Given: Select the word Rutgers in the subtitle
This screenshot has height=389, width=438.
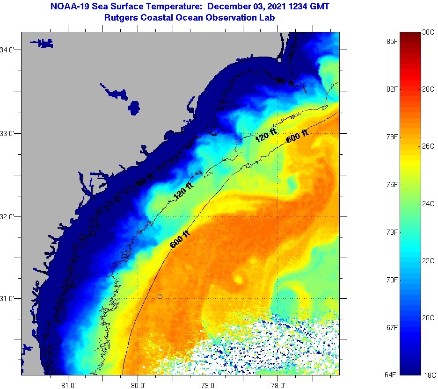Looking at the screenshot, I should click(123, 17).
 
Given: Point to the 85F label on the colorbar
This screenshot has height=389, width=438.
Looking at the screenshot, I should click(392, 41).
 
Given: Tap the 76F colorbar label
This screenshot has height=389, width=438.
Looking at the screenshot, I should click(392, 185).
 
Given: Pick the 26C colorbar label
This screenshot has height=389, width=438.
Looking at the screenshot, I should click(428, 146).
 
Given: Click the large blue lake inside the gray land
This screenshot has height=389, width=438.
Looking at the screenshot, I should click(134, 108).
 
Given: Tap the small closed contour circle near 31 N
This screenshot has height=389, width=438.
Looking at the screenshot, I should click(160, 296).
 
